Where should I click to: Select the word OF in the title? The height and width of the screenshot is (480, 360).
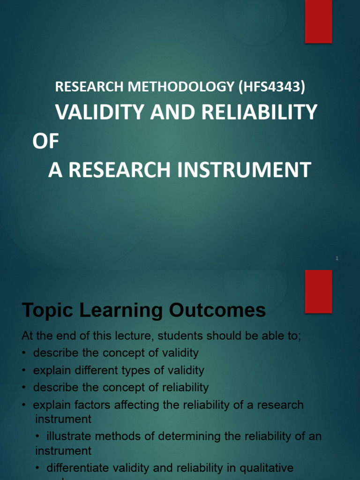[x=46, y=142]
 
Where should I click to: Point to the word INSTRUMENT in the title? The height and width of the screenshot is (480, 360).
[x=244, y=170]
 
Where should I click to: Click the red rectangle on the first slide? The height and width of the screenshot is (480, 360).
[x=318, y=22]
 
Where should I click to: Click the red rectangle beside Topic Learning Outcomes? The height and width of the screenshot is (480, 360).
[x=318, y=291]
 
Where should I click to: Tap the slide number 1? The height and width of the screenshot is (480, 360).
[x=337, y=259]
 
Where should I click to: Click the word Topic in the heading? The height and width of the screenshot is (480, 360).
[x=46, y=310]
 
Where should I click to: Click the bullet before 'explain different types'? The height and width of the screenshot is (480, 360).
[x=24, y=371]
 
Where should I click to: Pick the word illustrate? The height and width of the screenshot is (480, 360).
[x=69, y=436]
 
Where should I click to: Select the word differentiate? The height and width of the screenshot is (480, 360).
[x=76, y=468]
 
